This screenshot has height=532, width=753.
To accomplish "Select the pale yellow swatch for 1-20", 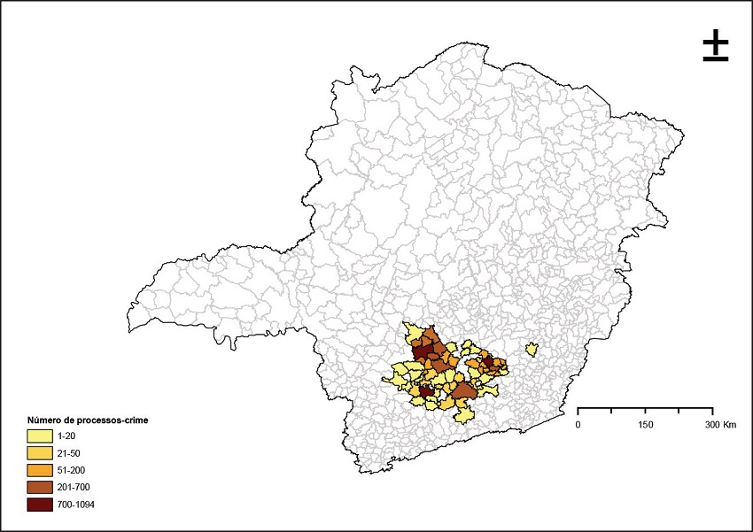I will point(40,436).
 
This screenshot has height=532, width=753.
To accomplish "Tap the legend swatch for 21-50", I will point(40,452).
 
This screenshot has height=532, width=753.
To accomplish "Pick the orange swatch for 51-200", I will point(40,470).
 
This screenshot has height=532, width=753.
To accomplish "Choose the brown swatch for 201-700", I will point(40,487).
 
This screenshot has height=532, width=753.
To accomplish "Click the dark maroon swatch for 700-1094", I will point(40,505).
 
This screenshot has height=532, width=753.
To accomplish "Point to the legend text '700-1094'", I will point(75,505).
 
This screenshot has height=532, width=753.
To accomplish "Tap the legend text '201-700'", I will point(73,487).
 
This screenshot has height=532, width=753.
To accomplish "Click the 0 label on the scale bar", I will point(578,425).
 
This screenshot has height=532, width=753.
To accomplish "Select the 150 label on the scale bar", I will point(645,425).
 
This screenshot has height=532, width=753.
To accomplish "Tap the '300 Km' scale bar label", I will point(719,425).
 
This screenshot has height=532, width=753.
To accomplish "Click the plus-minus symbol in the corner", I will point(716,46).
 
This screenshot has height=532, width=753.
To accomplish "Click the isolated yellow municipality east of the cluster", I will point(532,349).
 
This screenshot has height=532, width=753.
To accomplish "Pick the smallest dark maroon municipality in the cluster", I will point(488,361).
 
